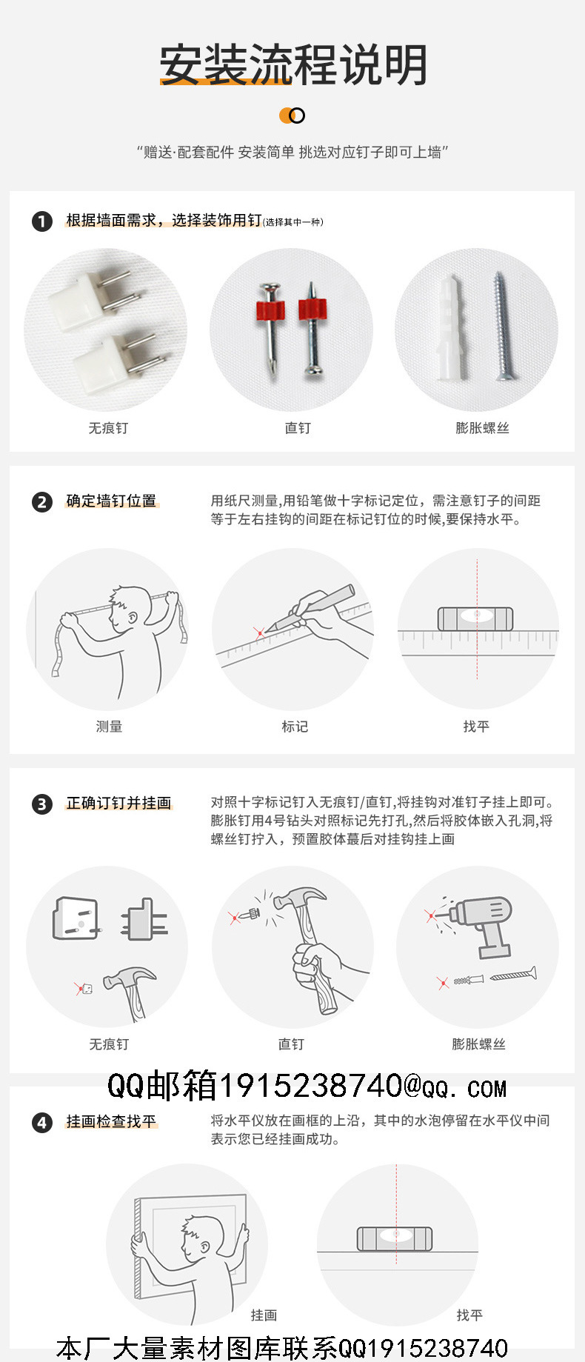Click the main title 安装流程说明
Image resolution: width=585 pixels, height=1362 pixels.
293,64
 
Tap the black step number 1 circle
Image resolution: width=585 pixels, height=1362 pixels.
42,221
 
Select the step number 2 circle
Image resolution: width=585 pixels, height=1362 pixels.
42,502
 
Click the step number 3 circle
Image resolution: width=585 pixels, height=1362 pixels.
42,804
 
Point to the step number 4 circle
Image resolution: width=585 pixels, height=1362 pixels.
42,1123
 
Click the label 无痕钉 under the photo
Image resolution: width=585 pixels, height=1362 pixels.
108,428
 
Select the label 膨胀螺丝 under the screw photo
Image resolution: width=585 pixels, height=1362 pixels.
482,428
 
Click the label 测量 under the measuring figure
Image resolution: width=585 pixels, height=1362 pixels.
109,727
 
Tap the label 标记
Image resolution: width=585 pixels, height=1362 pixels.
295,727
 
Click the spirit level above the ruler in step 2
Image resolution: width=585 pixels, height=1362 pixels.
475,618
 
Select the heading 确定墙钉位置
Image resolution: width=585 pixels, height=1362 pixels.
112,501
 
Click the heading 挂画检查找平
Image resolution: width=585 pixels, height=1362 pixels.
112,1122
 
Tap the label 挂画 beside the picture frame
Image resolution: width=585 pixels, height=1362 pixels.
264,1315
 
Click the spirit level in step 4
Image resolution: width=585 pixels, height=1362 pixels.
394,1238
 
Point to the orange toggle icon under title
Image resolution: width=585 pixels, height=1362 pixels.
292,116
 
